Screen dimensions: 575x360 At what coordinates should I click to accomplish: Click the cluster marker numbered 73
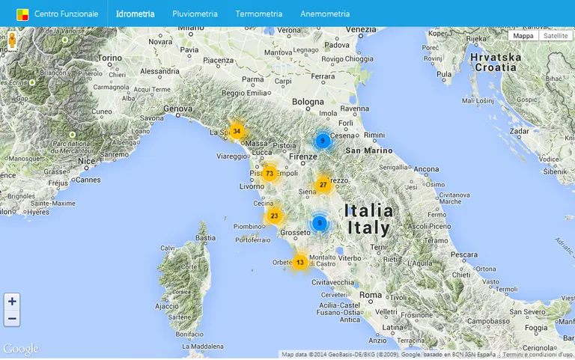(x=270, y=174)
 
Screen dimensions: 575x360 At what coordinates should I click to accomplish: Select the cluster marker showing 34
(x=237, y=132)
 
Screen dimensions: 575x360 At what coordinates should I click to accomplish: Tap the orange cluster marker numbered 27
(x=323, y=185)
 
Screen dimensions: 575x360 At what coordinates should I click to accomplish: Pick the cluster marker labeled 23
(x=274, y=216)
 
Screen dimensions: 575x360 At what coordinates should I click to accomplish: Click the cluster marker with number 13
(x=299, y=263)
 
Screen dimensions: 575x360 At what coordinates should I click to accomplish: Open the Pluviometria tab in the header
(x=195, y=13)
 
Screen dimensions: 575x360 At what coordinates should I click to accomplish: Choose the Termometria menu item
(x=259, y=13)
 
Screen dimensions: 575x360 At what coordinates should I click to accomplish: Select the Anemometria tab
(x=325, y=13)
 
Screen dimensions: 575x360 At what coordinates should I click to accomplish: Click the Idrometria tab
(x=136, y=13)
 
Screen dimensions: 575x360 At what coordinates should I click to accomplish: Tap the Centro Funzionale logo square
(x=23, y=13)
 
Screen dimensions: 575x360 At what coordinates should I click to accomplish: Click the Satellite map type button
(x=556, y=36)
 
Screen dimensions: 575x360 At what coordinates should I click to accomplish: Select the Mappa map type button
(x=523, y=36)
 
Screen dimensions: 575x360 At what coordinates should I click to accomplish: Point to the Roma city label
(x=371, y=296)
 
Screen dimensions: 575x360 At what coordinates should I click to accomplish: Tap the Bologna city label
(x=308, y=101)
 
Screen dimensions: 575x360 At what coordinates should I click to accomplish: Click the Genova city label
(x=178, y=109)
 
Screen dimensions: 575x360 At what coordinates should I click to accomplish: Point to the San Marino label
(x=368, y=150)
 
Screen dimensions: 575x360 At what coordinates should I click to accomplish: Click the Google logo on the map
(x=20, y=349)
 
